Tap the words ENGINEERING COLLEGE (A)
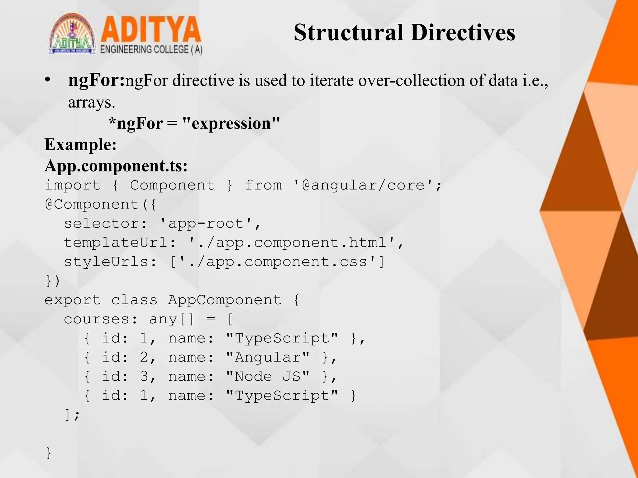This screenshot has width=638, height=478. click(x=151, y=50)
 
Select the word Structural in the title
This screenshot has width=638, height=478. click(x=348, y=33)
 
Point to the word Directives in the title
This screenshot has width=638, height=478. click(x=463, y=33)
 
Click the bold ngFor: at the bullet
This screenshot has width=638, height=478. click(x=96, y=80)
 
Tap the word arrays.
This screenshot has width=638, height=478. click(x=91, y=102)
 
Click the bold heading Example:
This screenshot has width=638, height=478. click(x=80, y=144)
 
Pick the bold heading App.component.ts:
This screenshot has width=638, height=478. click(x=116, y=166)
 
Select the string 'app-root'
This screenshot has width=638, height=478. click(x=206, y=223)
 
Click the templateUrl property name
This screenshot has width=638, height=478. click(x=116, y=242)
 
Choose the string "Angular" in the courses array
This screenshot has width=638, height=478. click(x=268, y=357)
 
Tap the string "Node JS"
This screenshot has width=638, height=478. click(x=268, y=376)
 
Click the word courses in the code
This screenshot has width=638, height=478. click(x=97, y=319)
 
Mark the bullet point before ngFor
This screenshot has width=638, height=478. click(x=47, y=80)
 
